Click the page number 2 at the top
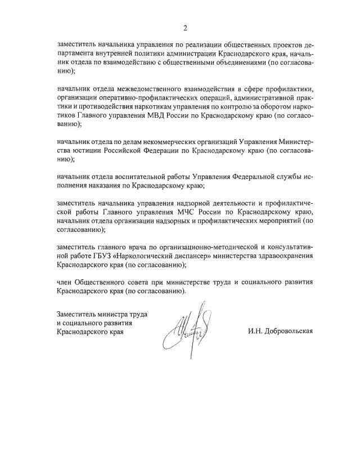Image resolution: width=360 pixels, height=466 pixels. coord(184,28)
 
